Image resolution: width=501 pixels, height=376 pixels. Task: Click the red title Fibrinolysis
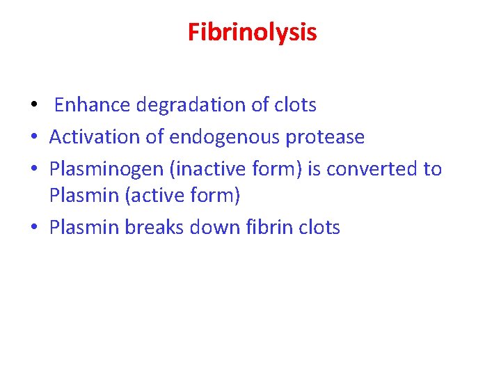click(x=252, y=32)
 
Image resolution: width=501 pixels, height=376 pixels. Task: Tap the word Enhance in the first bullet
click(x=92, y=105)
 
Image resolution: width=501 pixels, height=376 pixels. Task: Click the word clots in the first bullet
click(x=295, y=105)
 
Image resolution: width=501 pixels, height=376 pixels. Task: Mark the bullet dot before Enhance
click(x=33, y=107)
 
